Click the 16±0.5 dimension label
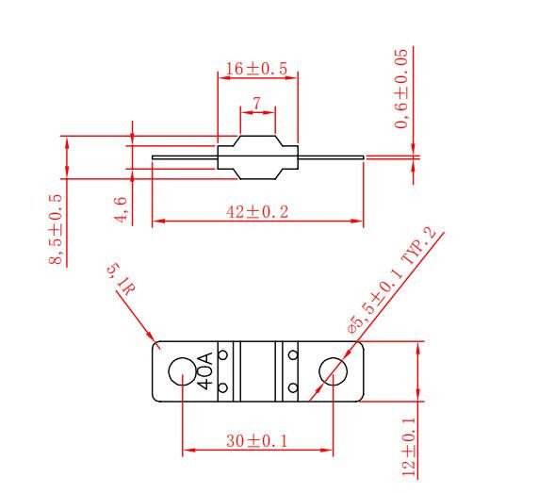pos(256,69)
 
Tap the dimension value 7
pos(257,103)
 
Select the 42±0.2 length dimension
pos(257,211)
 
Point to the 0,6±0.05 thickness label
pos(401,89)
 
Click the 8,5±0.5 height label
pos(56,229)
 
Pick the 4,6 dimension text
pos(122,210)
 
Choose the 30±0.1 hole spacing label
pos(256,441)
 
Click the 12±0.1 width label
pos(408,447)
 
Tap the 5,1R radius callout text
pos(121,280)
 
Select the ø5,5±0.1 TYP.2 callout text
pos(392,281)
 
